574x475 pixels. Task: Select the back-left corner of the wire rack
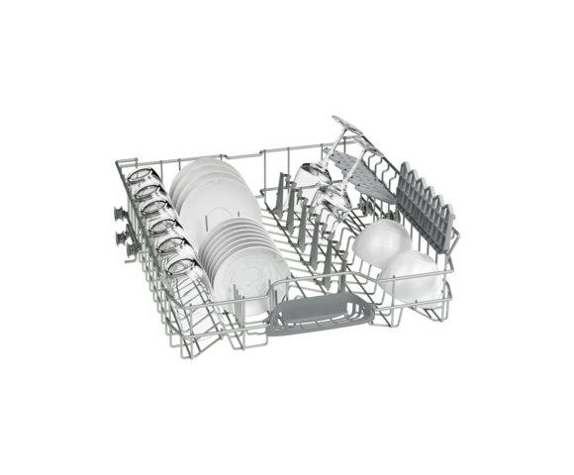119,165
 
